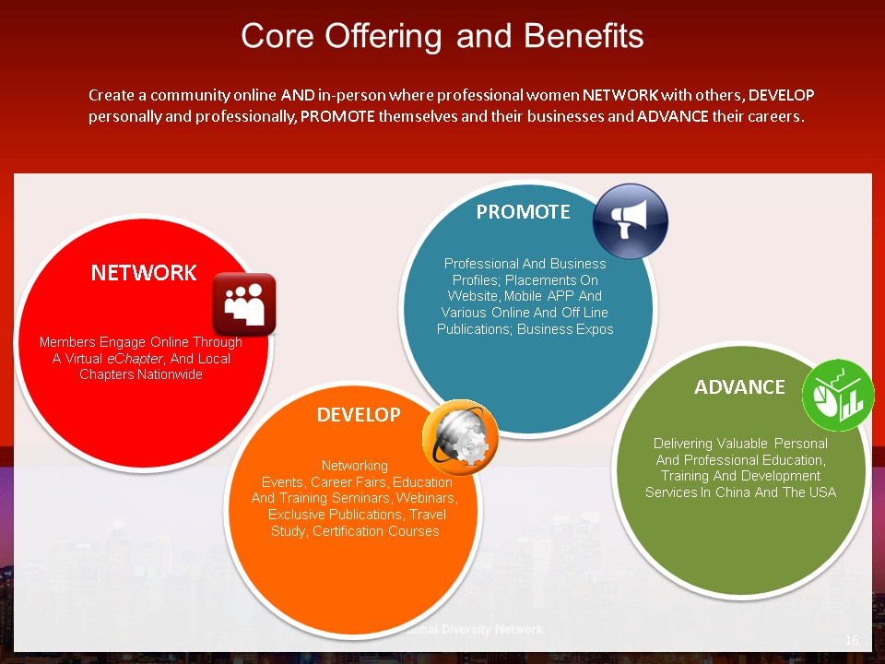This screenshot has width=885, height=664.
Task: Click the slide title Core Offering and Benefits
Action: (x=442, y=36)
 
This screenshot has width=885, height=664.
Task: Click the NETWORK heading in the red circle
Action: (x=144, y=273)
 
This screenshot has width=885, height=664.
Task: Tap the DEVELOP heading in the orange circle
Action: (x=359, y=415)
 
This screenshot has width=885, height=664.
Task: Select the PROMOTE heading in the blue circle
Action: (x=524, y=212)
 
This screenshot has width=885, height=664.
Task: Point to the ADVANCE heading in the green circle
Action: (x=739, y=387)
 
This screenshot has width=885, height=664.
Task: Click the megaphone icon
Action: (x=631, y=221)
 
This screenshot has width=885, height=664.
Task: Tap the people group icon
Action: (x=244, y=304)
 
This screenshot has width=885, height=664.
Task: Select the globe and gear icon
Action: (x=461, y=437)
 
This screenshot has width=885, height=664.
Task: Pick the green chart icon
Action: (x=838, y=396)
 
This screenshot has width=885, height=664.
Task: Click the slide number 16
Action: (x=852, y=640)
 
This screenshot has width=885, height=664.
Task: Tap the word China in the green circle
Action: (x=733, y=492)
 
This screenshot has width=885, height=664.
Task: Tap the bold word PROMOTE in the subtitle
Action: (x=337, y=116)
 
